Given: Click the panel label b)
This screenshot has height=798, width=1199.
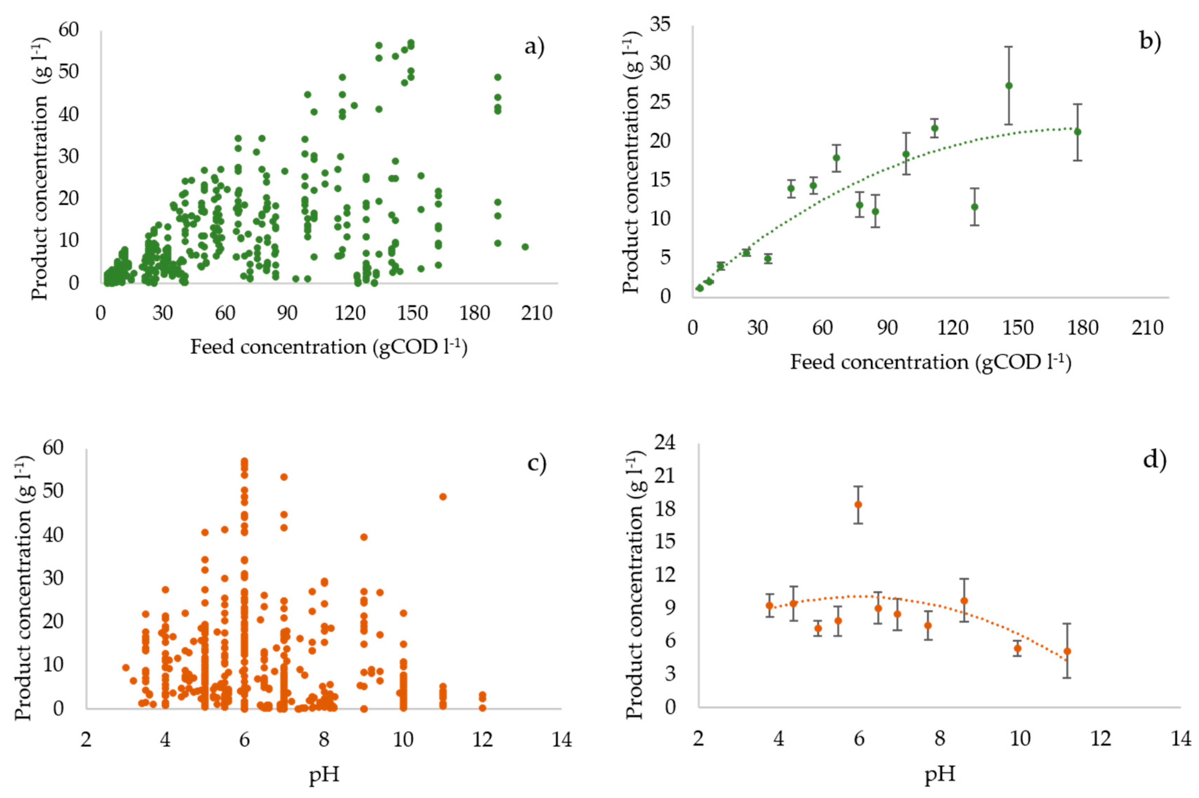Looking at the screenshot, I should click(1150, 41).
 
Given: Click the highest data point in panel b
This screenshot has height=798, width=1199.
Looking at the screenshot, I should click(1008, 85).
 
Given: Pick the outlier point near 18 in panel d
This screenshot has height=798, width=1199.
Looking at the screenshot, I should click(858, 504).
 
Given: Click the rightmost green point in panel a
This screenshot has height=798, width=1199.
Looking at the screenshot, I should click(525, 247).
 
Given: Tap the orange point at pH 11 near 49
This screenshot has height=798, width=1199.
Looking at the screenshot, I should click(442, 497).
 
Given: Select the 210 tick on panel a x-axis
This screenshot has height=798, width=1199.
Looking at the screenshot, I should click(536, 313).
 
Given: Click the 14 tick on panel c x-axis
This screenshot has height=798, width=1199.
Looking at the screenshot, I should click(562, 739).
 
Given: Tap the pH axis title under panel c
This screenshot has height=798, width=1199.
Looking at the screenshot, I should click(324, 775).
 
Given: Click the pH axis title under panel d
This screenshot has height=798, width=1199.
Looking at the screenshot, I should click(940, 774).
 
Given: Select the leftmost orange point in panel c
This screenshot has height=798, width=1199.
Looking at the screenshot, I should click(126, 667).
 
